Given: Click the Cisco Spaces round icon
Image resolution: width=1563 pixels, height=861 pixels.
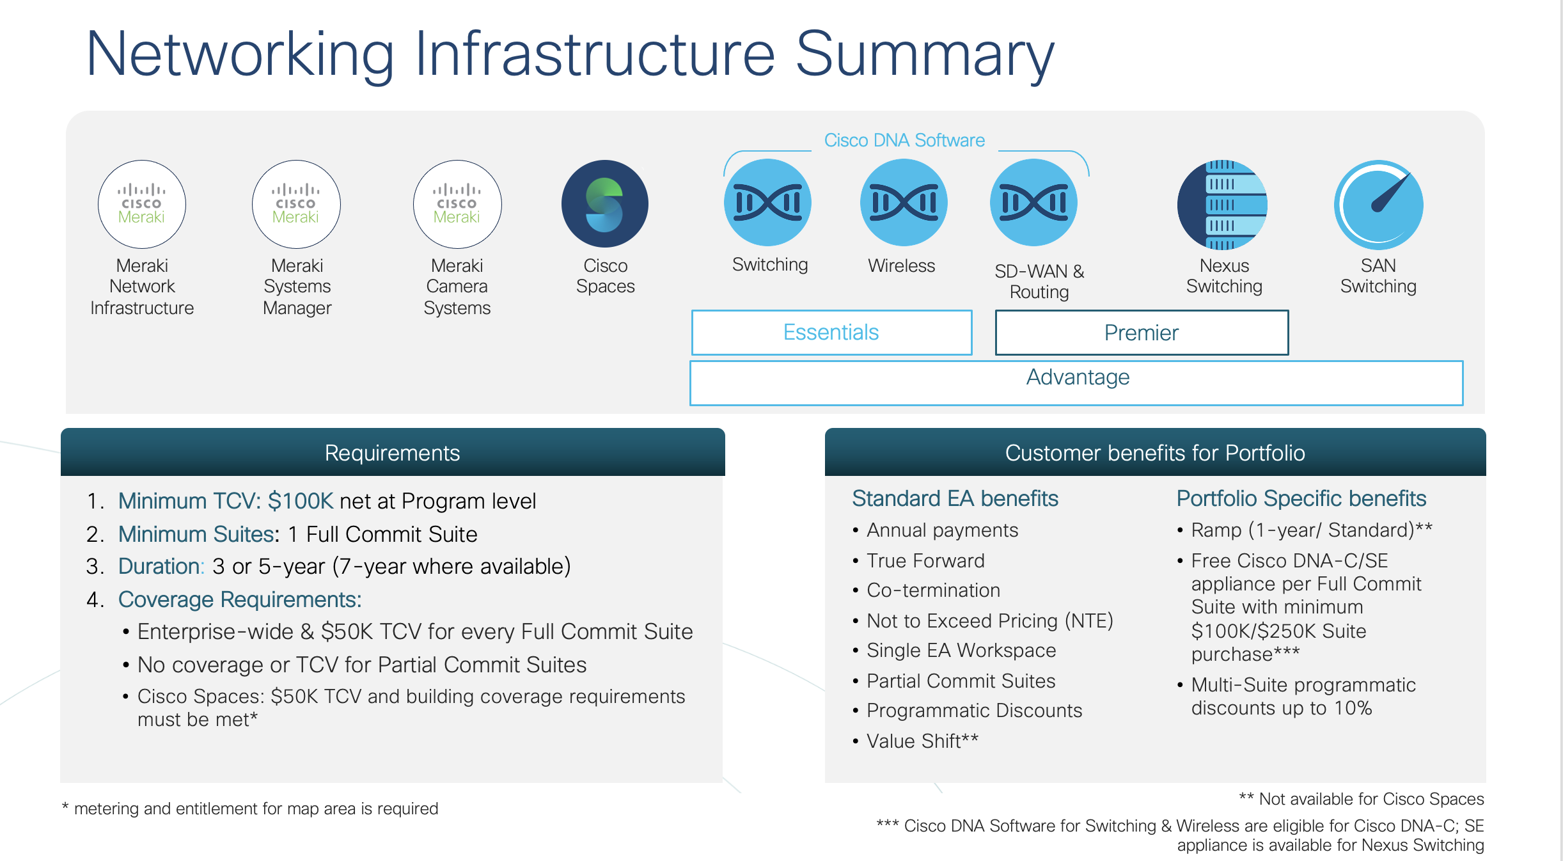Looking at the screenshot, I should pos(604,204).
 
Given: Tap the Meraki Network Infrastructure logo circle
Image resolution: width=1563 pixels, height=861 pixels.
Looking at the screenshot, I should pos(142,204).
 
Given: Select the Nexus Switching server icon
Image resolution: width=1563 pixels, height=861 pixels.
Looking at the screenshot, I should pos(1222,204).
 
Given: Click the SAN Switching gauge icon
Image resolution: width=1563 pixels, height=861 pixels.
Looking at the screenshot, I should pos(1378,204).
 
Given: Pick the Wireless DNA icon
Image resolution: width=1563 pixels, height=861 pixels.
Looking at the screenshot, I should pos(903,203).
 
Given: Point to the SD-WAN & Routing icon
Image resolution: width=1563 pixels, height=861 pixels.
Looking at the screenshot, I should pos(1033,203).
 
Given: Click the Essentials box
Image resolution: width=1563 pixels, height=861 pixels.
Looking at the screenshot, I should pos(831,333).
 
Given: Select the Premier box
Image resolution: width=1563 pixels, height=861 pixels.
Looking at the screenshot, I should pos(1142,333).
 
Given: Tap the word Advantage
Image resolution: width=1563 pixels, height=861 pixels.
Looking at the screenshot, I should pos(1078,377).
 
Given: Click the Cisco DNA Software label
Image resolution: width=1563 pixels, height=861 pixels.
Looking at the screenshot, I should pos(904,140).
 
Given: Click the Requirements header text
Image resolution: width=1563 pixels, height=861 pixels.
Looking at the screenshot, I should pos(392,453).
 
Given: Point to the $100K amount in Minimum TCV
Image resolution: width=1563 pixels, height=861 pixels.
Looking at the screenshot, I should pos(301,501).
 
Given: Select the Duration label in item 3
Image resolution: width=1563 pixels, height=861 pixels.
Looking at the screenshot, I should pos(161,566).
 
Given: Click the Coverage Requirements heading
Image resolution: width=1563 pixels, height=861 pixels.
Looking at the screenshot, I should pos(240,599).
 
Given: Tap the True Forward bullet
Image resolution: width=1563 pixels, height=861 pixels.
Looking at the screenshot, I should pos(925,561).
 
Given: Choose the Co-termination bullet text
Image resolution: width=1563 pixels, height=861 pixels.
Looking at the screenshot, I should pos(933,590).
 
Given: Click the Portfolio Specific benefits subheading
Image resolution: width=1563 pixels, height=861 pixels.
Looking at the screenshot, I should pos(1301,498).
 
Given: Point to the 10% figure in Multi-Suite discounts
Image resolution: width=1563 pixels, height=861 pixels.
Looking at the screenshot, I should pos(1353,708).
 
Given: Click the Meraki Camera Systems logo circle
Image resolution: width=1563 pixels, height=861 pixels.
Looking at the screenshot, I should pos(457,204).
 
